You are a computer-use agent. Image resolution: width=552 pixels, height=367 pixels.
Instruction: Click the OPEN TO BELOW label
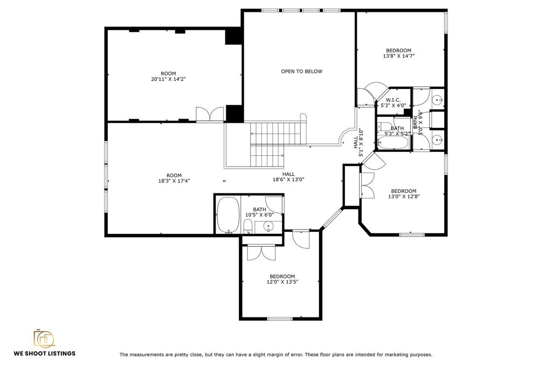point(301,72)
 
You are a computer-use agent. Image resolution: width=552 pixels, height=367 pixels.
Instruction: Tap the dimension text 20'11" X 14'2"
point(168,79)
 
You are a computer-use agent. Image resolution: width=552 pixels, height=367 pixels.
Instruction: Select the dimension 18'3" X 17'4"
point(174,181)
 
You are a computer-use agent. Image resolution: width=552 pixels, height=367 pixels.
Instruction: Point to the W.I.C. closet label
point(393,100)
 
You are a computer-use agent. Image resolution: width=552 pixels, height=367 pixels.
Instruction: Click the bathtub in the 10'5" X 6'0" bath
point(227,214)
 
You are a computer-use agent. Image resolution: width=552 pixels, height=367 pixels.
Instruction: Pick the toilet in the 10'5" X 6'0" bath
point(248,226)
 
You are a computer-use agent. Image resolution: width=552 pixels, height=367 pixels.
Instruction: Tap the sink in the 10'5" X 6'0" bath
point(268,226)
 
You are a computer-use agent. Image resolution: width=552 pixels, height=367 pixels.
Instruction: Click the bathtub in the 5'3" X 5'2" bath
point(393,143)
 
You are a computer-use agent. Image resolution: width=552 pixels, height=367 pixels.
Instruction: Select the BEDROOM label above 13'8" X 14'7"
point(398,50)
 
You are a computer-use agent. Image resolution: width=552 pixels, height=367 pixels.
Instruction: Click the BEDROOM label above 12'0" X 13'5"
point(282,276)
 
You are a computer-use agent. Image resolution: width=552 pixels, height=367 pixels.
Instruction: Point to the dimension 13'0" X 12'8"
point(404,196)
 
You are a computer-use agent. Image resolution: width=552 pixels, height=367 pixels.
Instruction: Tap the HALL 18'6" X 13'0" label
point(288,177)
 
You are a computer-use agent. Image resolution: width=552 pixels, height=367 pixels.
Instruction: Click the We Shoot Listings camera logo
point(44,338)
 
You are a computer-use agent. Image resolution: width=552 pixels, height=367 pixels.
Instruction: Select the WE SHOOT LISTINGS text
point(44,354)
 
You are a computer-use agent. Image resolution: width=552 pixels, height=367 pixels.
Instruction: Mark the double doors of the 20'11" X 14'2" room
point(210,114)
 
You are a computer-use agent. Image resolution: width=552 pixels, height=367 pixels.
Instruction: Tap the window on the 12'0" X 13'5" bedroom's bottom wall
point(280,319)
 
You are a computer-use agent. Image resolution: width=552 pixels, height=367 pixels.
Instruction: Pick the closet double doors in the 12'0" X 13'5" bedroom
point(261,253)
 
